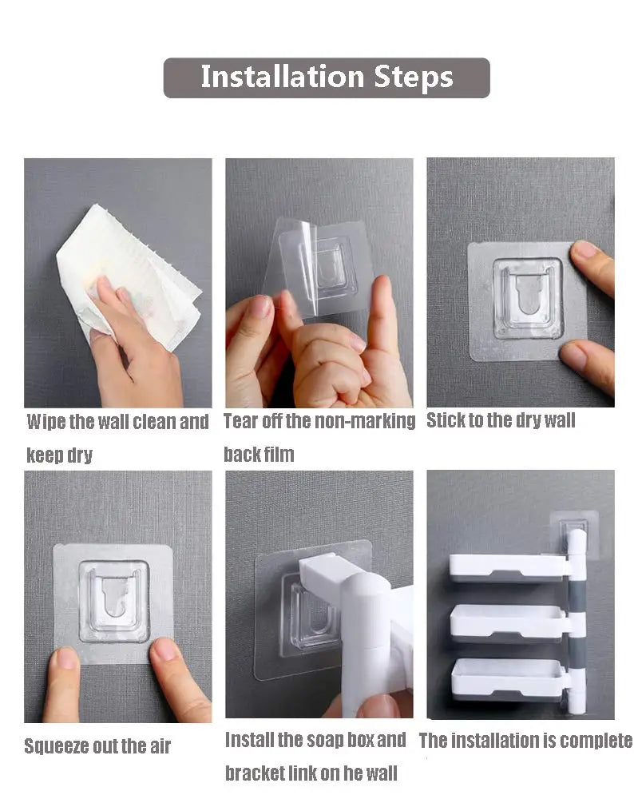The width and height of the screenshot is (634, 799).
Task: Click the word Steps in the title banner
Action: pyautogui.click(x=413, y=78)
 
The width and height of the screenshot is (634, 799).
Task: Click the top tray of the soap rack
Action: pyautogui.click(x=506, y=566)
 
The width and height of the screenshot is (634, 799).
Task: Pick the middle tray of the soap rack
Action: pyautogui.click(x=506, y=621)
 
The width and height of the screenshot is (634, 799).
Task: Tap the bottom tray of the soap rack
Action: pyautogui.click(x=506, y=677)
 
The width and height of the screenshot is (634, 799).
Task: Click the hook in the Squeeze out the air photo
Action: pyautogui.click(x=114, y=599)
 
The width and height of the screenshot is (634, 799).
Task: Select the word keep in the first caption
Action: pyautogui.click(x=44, y=455)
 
